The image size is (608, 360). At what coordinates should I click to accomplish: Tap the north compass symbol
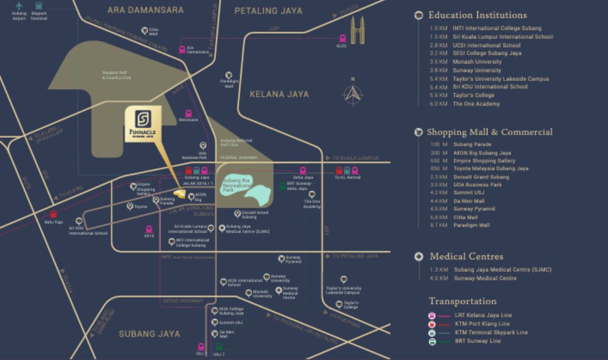pyautogui.click(x=352, y=94)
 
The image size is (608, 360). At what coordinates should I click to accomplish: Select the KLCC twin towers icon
pyautogui.click(x=356, y=30)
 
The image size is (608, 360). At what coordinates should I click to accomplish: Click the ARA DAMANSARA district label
pyautogui.click(x=146, y=10)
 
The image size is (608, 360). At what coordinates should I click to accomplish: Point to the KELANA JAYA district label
pyautogui.click(x=279, y=94)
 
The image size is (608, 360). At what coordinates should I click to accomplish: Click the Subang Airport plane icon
pyautogui.click(x=19, y=7)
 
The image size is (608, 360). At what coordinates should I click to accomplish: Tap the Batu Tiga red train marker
pyautogui.click(x=53, y=214)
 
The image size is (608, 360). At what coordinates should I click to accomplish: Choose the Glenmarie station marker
pyautogui.click(x=189, y=111)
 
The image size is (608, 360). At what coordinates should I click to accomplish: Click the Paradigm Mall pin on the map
pyautogui.click(x=229, y=75)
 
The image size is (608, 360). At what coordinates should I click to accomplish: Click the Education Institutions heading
pyautogui.click(x=477, y=15)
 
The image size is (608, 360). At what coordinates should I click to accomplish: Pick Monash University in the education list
pyautogui.click(x=465, y=62)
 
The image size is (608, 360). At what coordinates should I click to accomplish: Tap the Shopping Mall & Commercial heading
pyautogui.click(x=489, y=132)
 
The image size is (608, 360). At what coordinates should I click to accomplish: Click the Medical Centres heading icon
pyautogui.click(x=418, y=256)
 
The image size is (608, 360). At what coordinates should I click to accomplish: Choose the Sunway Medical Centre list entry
pyautogui.click(x=485, y=278)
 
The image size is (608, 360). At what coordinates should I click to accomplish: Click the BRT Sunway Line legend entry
pyautogui.click(x=477, y=341)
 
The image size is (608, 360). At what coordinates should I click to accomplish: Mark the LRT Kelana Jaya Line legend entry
pyautogui.click(x=483, y=316)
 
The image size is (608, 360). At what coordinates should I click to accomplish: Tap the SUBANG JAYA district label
pyautogui.click(x=149, y=334)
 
